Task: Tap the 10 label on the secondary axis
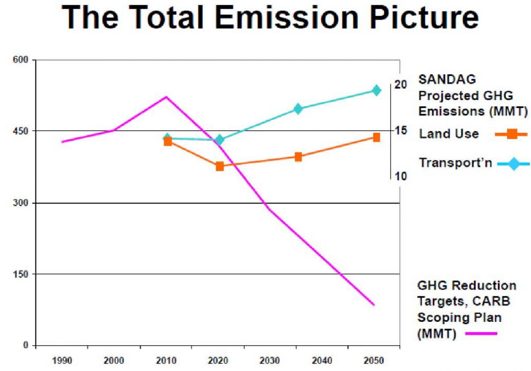pyautogui.click(x=400, y=177)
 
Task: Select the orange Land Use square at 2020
pyautogui.click(x=219, y=166)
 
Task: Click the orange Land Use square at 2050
pyautogui.click(x=376, y=137)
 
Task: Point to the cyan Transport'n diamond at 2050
pyautogui.click(x=376, y=90)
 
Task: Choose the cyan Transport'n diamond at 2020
pyautogui.click(x=219, y=140)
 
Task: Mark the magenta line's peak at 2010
pyautogui.click(x=166, y=97)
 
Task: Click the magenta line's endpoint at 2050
pyautogui.click(x=374, y=305)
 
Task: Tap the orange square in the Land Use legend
pyautogui.click(x=512, y=133)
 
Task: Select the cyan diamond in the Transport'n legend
pyautogui.click(x=513, y=164)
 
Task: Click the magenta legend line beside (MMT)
pyautogui.click(x=481, y=334)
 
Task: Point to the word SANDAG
pyautogui.click(x=447, y=80)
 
